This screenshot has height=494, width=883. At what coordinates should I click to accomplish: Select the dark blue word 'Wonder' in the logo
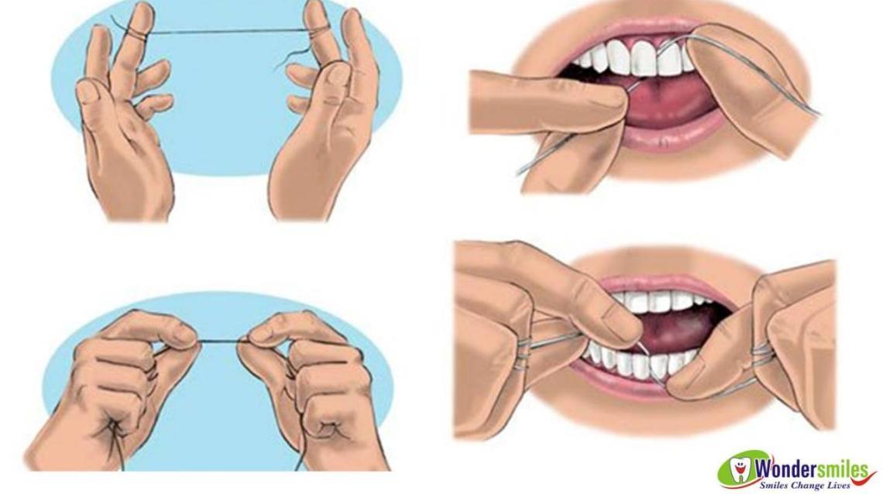[780, 468]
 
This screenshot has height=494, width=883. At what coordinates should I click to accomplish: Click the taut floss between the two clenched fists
[220, 341]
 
